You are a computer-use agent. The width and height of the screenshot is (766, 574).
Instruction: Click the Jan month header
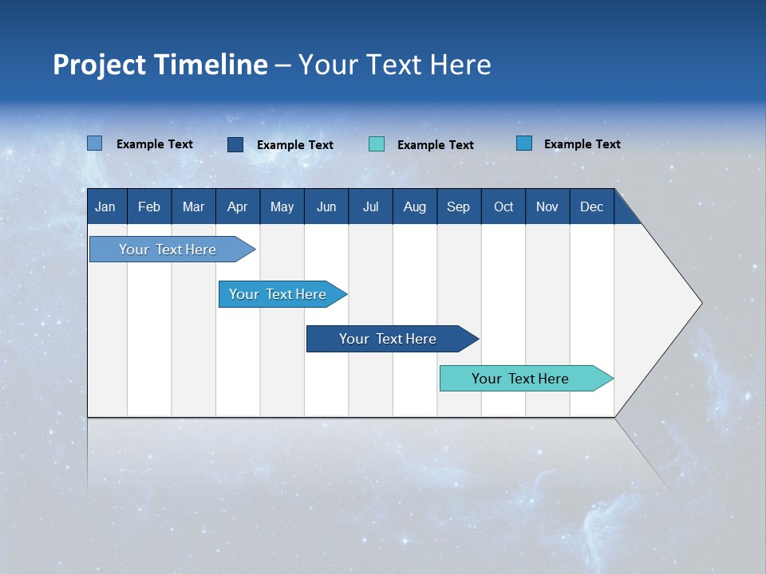coord(105,206)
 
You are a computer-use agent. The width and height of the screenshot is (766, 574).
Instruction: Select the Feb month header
coord(149,206)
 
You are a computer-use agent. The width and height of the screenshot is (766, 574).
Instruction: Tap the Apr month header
coord(238,206)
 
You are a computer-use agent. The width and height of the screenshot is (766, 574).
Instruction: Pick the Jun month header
coord(326,206)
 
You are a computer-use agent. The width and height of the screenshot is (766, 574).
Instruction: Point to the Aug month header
coord(415,206)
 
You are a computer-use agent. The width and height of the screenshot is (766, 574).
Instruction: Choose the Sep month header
coord(459,206)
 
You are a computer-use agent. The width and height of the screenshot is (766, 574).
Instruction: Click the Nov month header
coord(547,206)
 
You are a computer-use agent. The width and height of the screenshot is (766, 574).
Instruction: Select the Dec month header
coord(592,206)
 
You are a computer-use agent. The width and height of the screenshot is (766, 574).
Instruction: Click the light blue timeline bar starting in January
coord(168,250)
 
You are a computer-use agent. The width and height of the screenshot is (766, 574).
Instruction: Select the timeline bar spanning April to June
coord(278,294)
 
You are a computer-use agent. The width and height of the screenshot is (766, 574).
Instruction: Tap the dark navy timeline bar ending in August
coord(389,339)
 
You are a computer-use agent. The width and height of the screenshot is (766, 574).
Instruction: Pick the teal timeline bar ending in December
coord(521,379)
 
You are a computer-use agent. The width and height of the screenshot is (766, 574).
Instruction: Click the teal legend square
coord(377,144)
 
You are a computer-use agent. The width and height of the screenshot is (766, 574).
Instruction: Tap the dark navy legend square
coord(235,144)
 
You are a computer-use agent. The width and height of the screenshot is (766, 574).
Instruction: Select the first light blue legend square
coord(94,143)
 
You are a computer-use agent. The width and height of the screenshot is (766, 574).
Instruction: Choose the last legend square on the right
coord(524,143)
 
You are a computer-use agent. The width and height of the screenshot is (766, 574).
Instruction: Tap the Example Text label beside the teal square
coord(436,145)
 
